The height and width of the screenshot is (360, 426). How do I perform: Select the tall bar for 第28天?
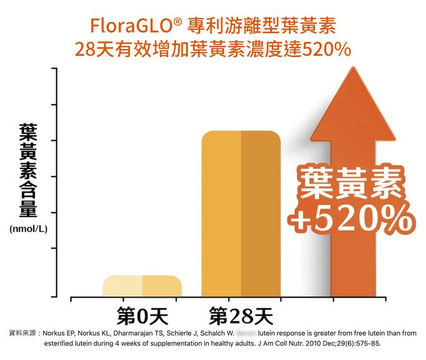click(241, 213)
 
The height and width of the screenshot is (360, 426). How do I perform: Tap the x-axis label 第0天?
click(142, 316)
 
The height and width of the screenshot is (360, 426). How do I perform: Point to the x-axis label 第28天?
click(241, 316)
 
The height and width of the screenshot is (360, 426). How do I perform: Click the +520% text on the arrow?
click(351, 219)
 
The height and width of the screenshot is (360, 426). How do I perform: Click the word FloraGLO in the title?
click(132, 26)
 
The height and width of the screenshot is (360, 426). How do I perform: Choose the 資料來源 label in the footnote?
click(21, 333)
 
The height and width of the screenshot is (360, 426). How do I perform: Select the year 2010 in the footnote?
click(311, 344)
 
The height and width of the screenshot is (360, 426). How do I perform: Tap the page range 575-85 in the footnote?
click(366, 344)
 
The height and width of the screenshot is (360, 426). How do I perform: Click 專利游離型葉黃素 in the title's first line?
click(262, 26)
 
